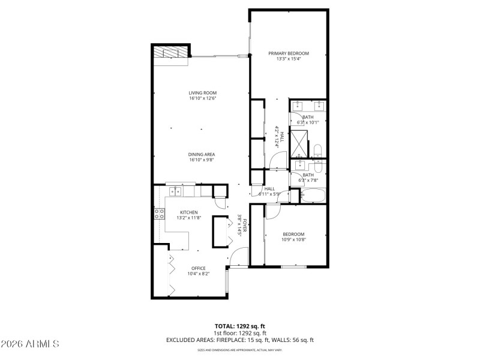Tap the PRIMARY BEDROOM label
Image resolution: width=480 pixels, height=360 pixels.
click(288, 53)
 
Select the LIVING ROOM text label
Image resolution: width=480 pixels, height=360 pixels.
click(202, 93)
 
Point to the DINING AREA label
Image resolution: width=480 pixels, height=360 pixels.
click(202, 154)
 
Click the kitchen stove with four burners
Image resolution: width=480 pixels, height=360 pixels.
click(160, 214)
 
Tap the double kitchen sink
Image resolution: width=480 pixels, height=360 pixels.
click(175, 192)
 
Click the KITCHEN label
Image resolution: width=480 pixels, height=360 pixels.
click(189, 212)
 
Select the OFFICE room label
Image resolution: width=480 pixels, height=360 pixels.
click(198, 268)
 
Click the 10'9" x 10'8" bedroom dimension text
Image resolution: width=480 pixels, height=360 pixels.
click(293, 239)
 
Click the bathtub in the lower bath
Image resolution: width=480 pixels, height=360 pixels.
click(312, 196)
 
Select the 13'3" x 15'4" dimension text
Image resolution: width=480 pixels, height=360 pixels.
click(288, 59)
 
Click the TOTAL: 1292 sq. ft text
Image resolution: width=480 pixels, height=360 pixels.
click(240, 326)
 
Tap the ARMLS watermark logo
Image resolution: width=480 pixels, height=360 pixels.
click(30, 344)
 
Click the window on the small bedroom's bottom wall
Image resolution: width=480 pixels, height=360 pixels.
click(293, 266)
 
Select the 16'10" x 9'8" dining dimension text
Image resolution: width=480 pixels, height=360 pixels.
click(202, 160)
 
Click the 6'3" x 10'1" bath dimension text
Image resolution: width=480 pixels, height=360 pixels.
click(308, 122)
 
